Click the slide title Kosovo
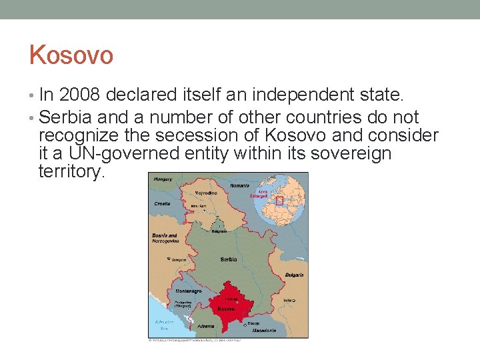[71, 55]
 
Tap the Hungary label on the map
[163, 179]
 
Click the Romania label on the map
[239, 185]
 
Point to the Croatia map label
[161, 203]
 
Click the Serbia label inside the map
[229, 259]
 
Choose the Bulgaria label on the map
[295, 275]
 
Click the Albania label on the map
[207, 326]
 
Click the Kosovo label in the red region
[226, 309]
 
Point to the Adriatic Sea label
[164, 325]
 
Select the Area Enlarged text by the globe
[258, 193]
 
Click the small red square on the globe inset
[279, 199]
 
